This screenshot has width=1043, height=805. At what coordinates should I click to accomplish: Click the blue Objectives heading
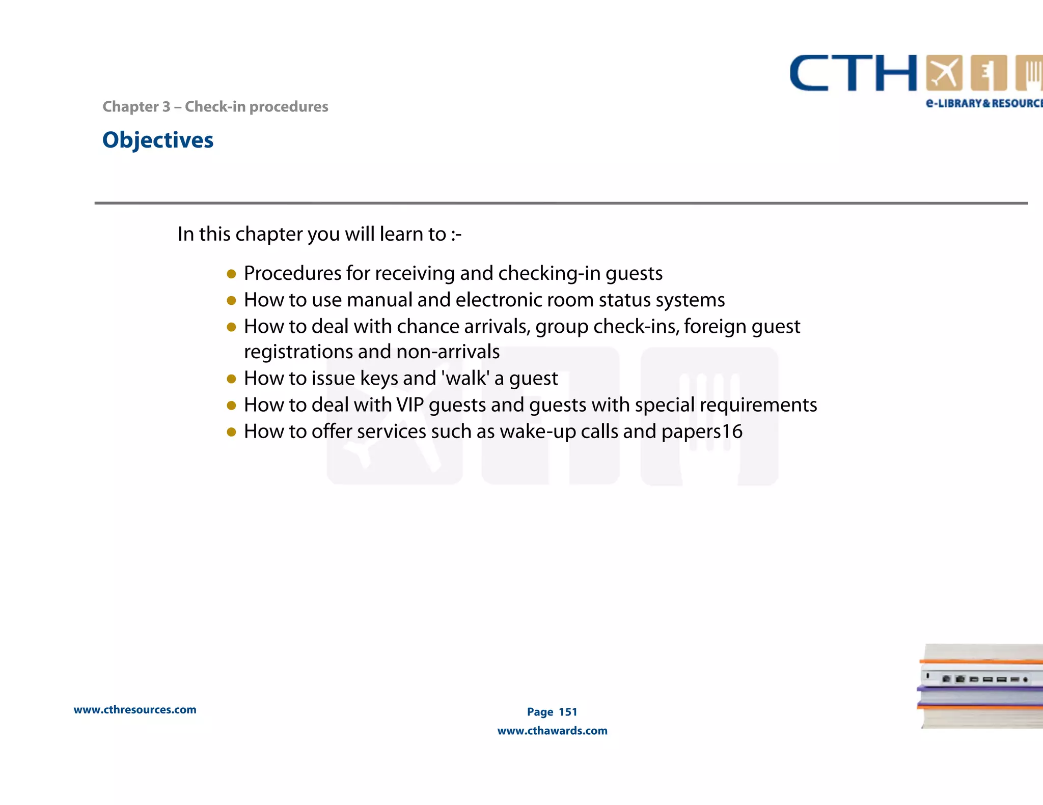(x=158, y=140)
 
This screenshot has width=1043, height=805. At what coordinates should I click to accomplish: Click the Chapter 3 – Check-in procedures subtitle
(x=215, y=107)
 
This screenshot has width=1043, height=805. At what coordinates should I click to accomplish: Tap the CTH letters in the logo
(x=853, y=74)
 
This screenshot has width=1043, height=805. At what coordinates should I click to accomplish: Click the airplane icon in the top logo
(x=944, y=73)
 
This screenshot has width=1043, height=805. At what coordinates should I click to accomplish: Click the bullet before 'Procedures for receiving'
(x=231, y=274)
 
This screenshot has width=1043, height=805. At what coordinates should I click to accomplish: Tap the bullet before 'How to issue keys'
(x=231, y=379)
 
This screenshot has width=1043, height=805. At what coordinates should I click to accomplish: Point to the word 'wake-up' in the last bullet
(x=537, y=432)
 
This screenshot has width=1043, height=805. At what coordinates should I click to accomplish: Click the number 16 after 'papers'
(x=732, y=432)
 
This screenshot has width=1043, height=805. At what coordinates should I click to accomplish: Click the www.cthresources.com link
(x=135, y=710)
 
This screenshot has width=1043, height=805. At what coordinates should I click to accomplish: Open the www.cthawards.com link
(x=552, y=731)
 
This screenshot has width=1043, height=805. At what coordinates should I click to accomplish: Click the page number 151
(x=568, y=712)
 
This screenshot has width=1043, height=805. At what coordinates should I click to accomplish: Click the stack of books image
(x=980, y=686)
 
